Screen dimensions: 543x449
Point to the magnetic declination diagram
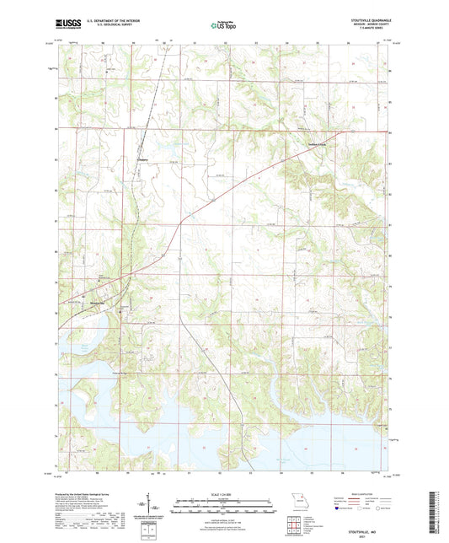point(151,509)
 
